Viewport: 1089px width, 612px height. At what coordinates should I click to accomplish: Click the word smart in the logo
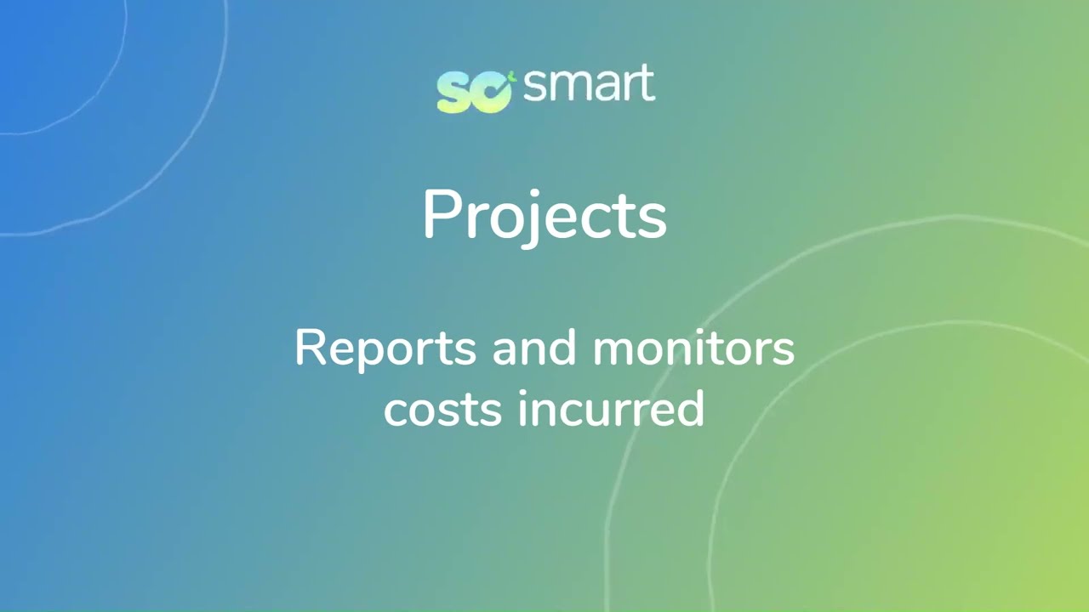589,85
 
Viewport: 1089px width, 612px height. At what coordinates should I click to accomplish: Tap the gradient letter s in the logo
453,92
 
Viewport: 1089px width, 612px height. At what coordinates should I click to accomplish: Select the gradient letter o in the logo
491,92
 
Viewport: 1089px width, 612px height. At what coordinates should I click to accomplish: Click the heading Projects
544,215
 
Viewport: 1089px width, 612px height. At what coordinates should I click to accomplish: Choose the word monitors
693,348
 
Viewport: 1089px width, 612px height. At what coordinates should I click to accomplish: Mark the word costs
442,410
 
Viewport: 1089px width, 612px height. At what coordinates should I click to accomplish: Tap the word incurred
611,410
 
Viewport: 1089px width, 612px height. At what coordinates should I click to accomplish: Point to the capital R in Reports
310,348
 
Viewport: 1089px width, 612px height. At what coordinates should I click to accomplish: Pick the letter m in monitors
615,351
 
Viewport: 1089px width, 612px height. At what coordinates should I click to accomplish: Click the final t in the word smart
647,86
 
